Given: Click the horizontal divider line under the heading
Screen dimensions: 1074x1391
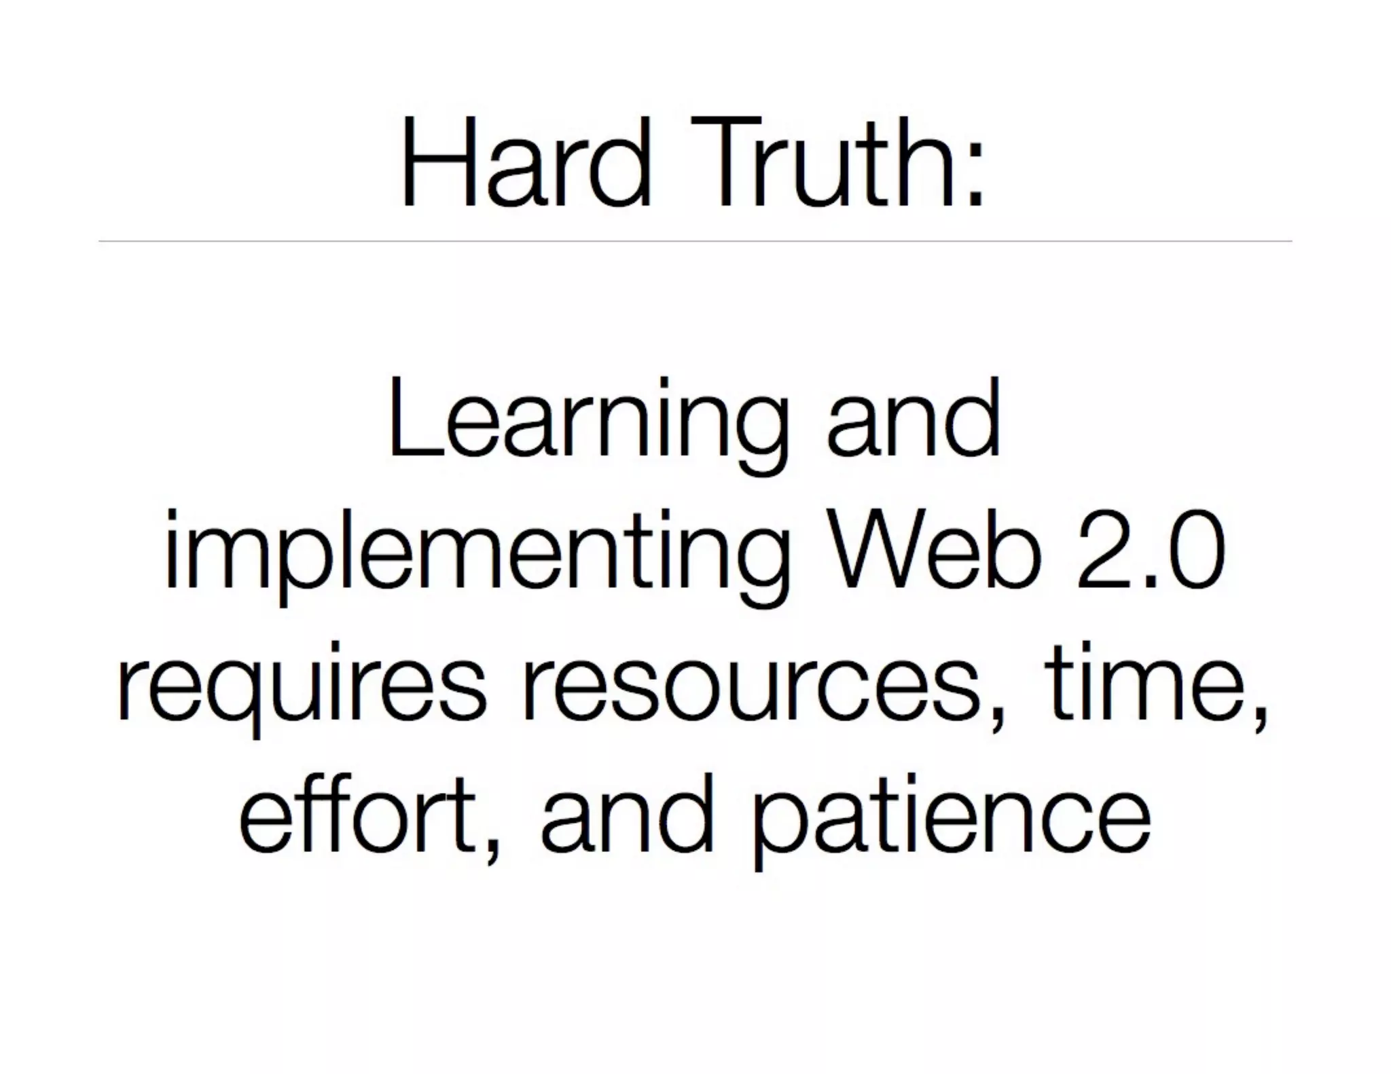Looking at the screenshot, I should tap(695, 241).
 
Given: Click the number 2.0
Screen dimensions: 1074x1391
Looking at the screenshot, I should tap(1151, 550).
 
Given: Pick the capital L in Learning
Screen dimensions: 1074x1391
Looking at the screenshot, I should tap(412, 418).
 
